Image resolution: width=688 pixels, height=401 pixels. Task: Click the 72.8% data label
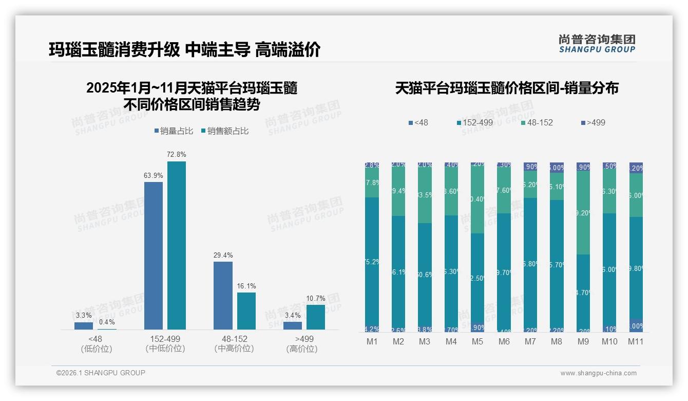(177, 154)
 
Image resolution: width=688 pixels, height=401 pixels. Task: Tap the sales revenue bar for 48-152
(246, 311)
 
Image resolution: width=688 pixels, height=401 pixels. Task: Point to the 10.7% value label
(316, 298)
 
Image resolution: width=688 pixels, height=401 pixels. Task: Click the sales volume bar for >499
(293, 325)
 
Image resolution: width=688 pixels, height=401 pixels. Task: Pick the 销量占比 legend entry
(174, 131)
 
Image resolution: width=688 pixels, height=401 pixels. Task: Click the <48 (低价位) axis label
(95, 344)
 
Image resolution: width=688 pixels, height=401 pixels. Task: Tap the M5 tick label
(477, 342)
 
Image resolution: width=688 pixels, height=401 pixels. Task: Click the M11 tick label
(636, 342)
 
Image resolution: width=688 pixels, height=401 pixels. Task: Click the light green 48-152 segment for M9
(583, 212)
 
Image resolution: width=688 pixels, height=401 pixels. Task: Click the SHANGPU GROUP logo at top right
(597, 43)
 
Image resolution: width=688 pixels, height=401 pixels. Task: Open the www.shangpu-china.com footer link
(598, 373)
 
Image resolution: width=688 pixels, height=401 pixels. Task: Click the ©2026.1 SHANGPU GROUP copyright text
(101, 373)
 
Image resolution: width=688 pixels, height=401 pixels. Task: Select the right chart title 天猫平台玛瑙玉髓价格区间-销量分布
(507, 88)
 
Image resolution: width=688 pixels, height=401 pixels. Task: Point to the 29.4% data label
(223, 255)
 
